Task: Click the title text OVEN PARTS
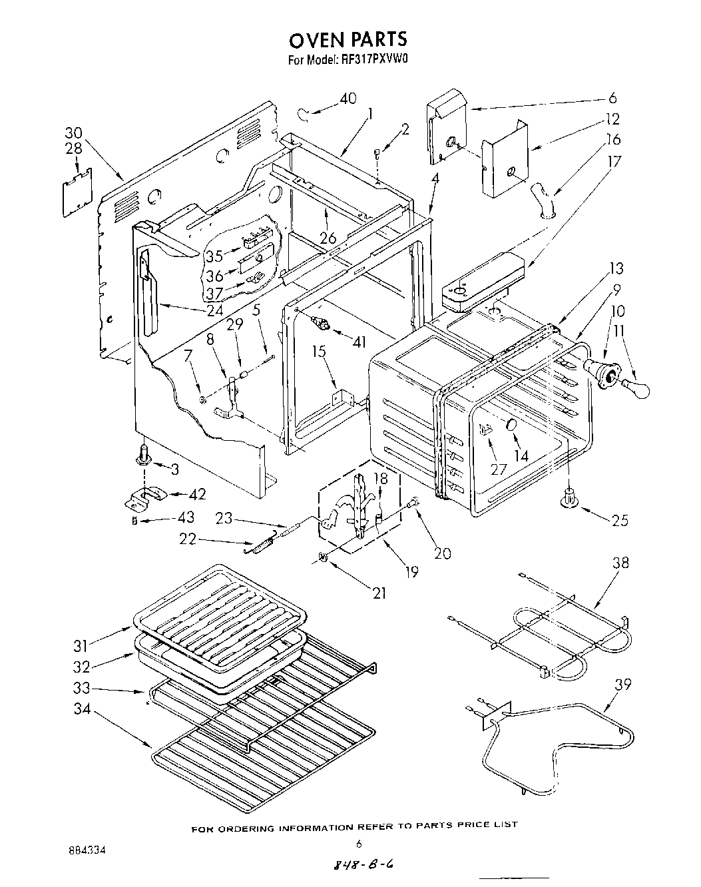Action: click(x=348, y=40)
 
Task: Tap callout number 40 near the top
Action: click(x=348, y=99)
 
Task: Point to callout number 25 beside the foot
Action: click(x=619, y=520)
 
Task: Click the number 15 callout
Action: click(x=320, y=351)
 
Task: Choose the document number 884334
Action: click(x=87, y=851)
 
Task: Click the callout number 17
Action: click(x=614, y=160)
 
